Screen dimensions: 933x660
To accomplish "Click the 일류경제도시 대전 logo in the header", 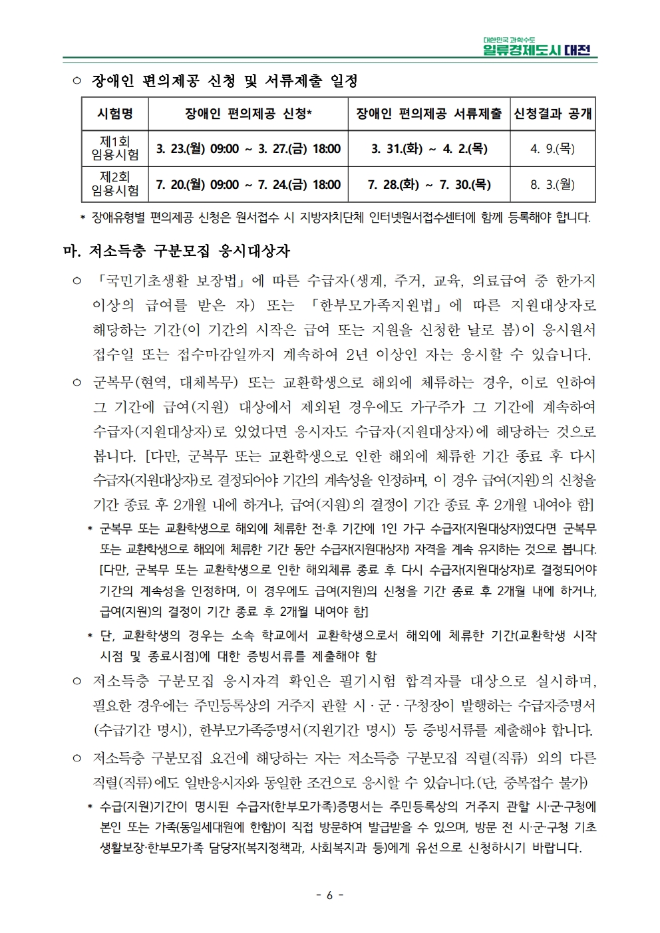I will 540,47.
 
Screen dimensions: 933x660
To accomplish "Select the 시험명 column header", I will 115,114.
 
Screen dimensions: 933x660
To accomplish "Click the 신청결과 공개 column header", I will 552,114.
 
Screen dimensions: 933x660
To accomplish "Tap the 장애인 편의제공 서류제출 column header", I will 429,114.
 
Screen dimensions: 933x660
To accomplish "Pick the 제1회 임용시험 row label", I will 115,148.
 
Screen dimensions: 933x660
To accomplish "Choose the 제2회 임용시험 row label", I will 115,184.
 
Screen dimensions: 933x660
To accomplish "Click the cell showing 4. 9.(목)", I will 552,148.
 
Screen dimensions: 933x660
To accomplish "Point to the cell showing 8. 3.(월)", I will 552,184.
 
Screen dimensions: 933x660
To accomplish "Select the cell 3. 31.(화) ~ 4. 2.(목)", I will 429,148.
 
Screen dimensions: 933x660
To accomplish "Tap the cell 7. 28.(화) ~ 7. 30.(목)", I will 429,184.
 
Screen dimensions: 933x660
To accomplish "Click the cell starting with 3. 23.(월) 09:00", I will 248,148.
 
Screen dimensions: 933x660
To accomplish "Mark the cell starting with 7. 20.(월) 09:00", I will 248,184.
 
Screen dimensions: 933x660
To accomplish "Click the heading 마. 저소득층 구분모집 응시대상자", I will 176,252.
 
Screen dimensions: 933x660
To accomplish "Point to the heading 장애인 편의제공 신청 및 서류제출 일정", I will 224,81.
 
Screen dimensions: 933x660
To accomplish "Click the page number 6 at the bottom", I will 329,895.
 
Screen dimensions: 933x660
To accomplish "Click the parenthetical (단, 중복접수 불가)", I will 533,782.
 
